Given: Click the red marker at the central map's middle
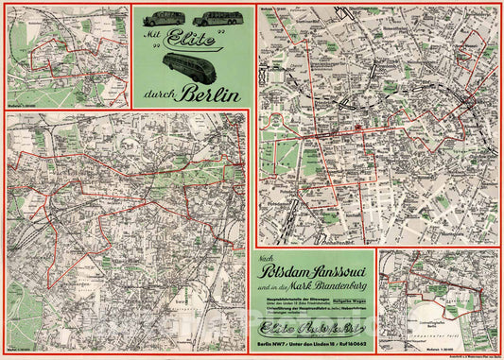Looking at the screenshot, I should pyautogui.click(x=361, y=126).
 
